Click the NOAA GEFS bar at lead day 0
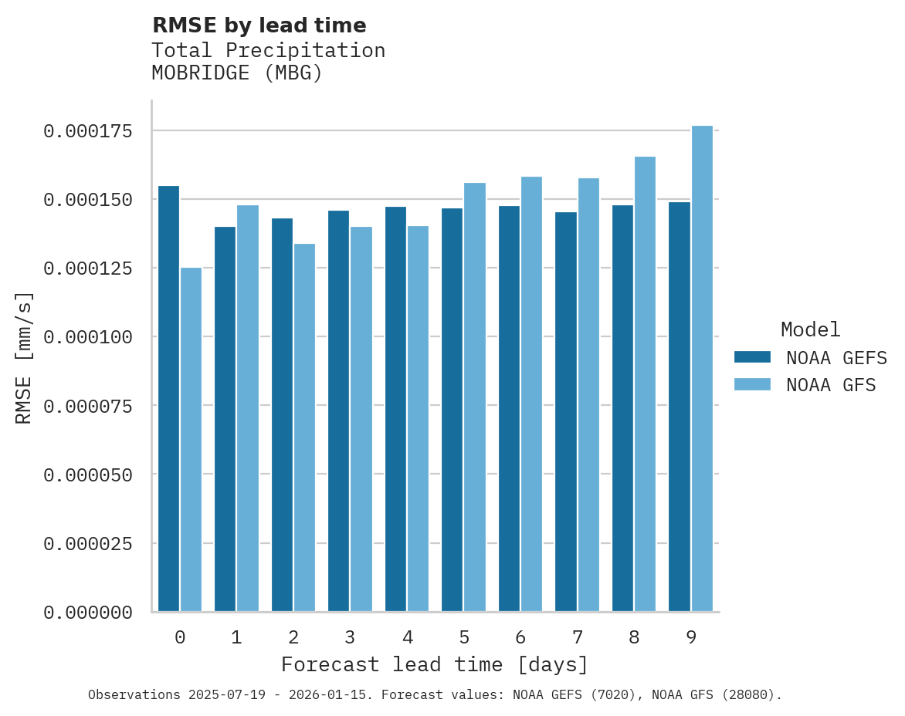pyautogui.click(x=168, y=399)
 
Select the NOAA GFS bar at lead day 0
pyautogui.click(x=191, y=440)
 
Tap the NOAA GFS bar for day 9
pyautogui.click(x=702, y=369)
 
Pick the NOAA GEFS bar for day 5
pyautogui.click(x=452, y=410)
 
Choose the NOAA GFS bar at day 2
pyautogui.click(x=304, y=427)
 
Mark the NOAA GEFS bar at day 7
pyautogui.click(x=566, y=412)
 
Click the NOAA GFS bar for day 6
pyautogui.click(x=531, y=394)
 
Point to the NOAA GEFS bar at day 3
pyautogui.click(x=338, y=411)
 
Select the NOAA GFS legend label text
pyautogui.click(x=831, y=385)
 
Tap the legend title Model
pyautogui.click(x=810, y=329)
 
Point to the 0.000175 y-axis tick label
pyautogui.click(x=88, y=131)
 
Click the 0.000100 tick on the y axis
pyautogui.click(x=88, y=337)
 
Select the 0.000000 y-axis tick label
pyautogui.click(x=88, y=613)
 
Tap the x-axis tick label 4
pyautogui.click(x=407, y=637)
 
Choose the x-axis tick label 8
pyautogui.click(x=634, y=637)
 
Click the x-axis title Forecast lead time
pyautogui.click(x=435, y=664)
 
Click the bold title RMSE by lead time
pyautogui.click(x=259, y=25)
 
